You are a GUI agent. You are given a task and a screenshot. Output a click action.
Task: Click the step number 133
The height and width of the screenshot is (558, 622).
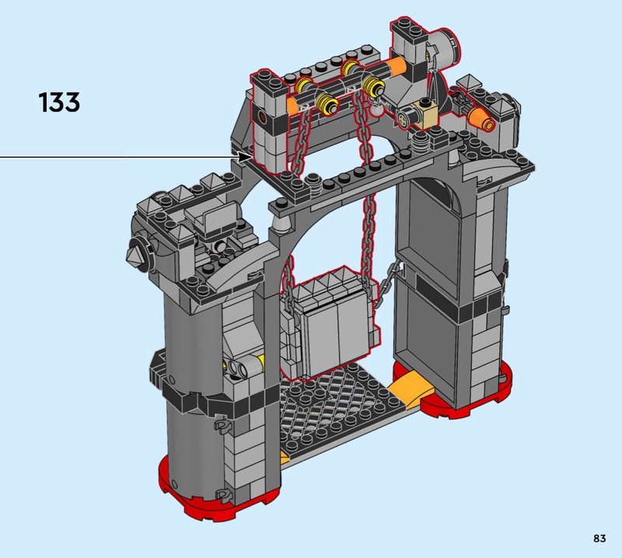point(60,102)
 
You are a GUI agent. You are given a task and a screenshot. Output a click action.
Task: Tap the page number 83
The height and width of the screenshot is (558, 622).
point(599,538)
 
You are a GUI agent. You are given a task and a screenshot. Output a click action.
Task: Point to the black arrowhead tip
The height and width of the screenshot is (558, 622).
point(250,157)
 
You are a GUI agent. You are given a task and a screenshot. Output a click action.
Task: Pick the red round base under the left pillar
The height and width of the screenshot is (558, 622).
point(198,489)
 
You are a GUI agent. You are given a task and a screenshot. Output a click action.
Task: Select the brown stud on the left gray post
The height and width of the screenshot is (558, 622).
point(262,117)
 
